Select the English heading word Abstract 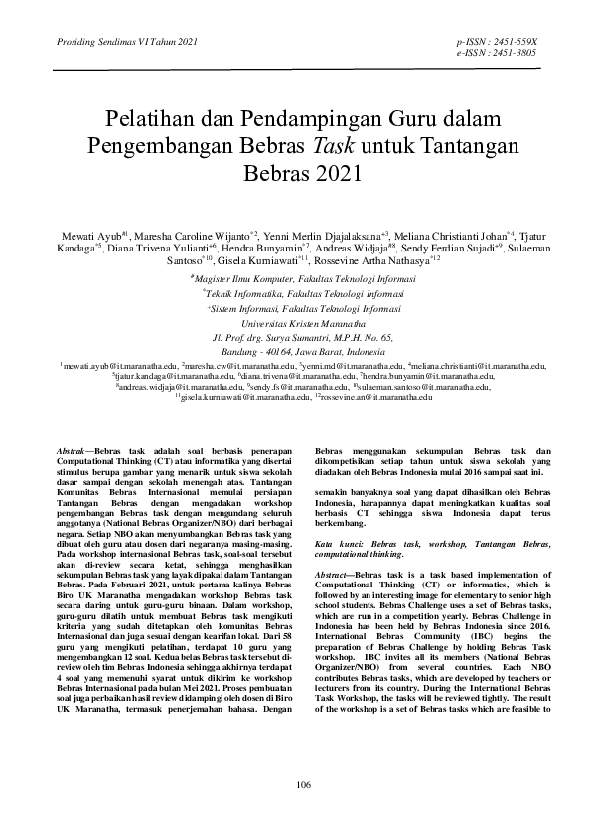click(x=333, y=576)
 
